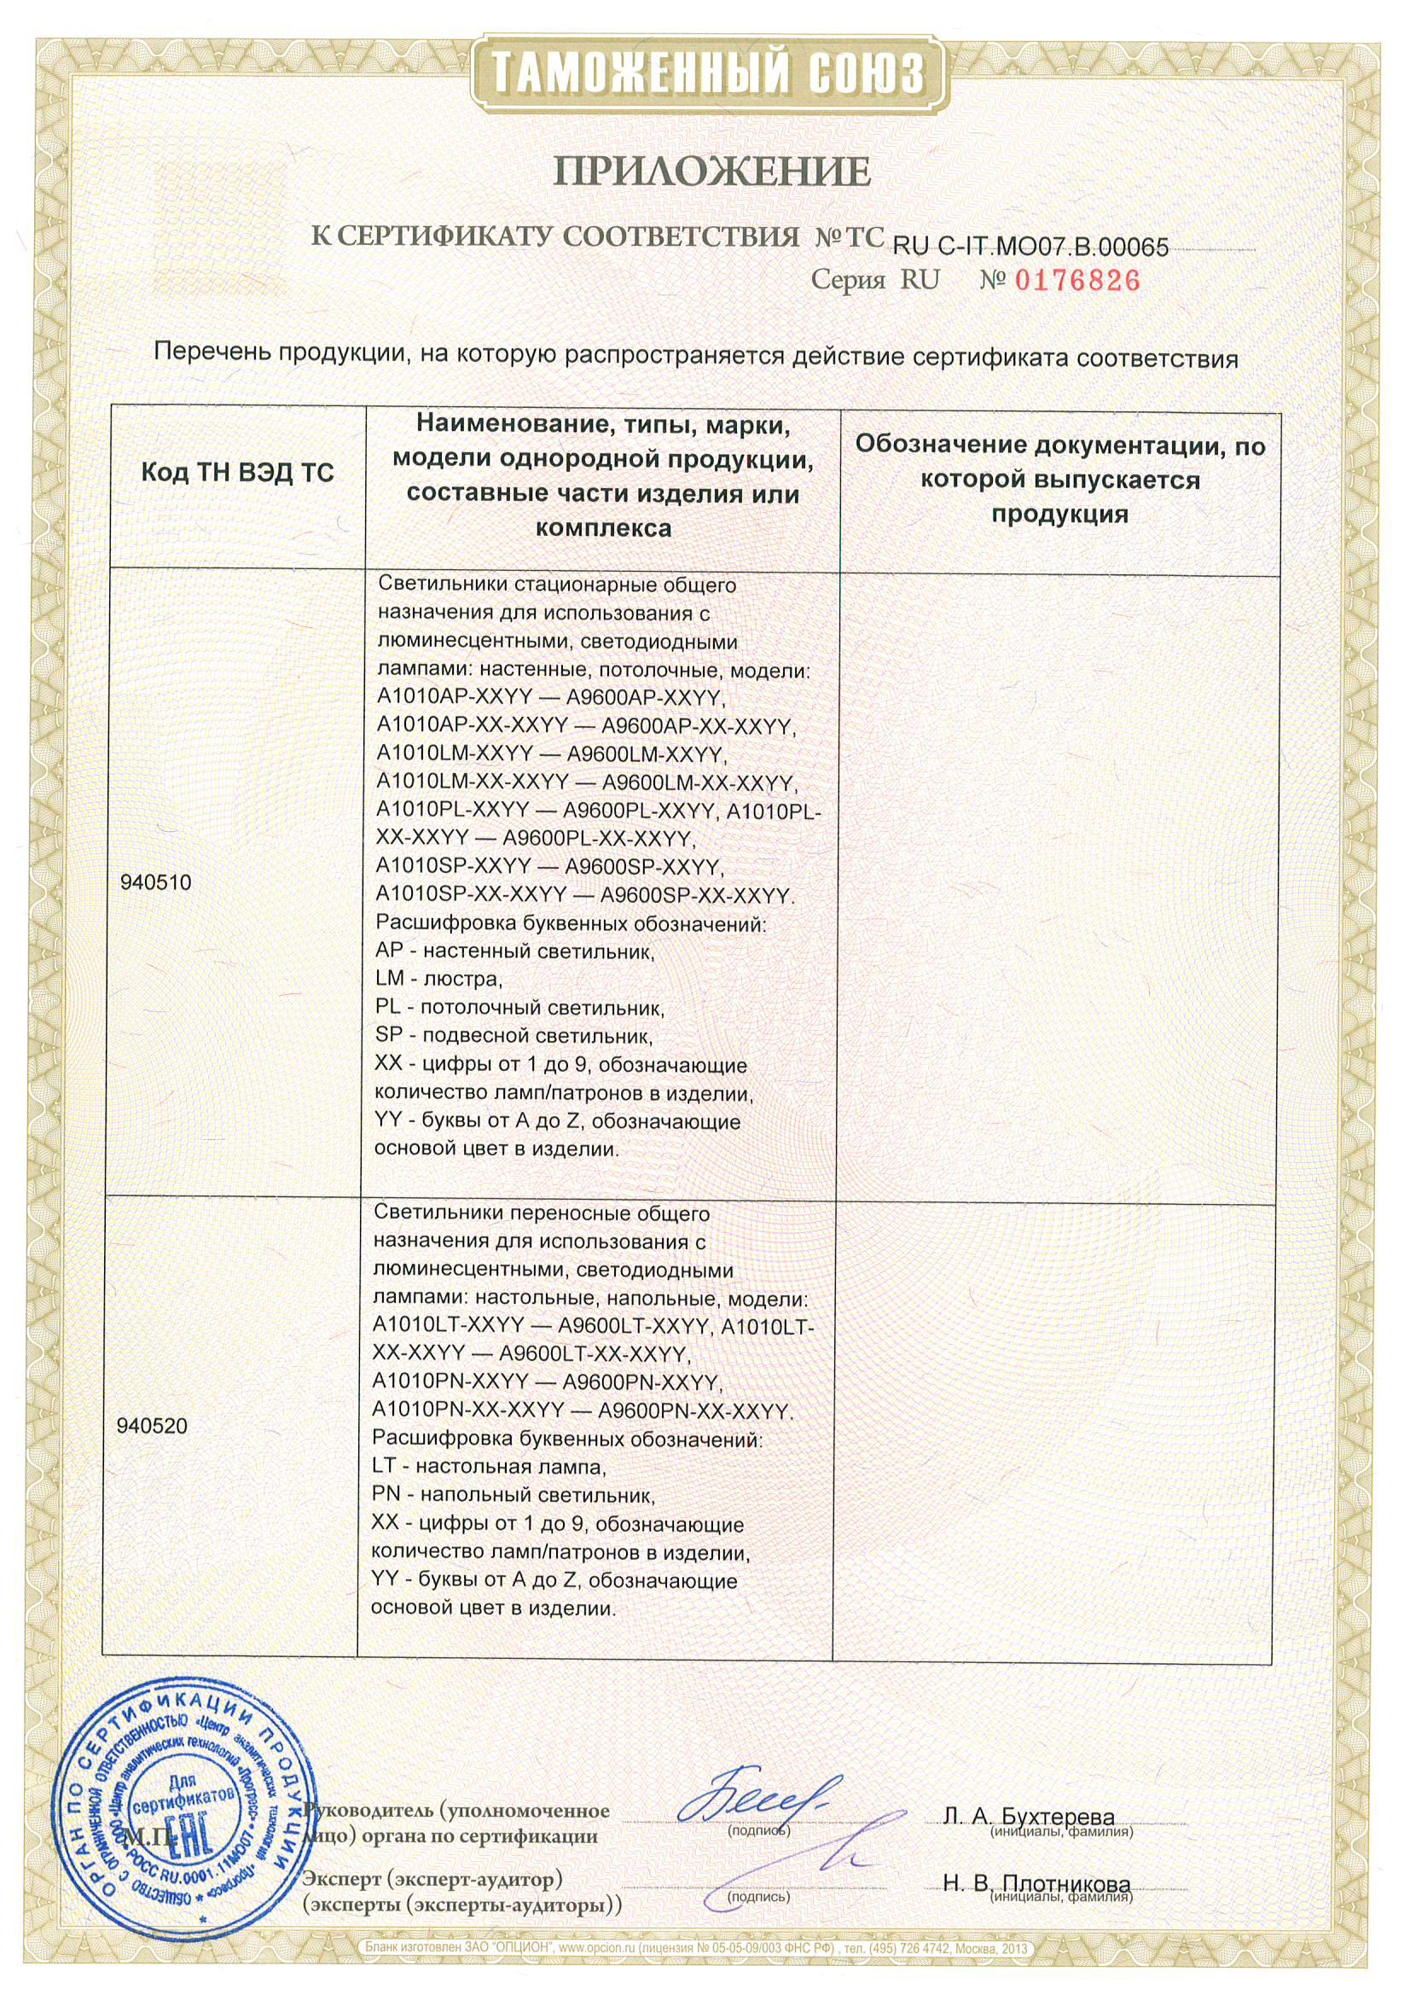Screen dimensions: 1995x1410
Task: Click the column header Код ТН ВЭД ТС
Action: [x=237, y=475]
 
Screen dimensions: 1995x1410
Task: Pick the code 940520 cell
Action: [x=152, y=1426]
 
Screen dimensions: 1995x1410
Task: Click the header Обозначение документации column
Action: [x=1060, y=479]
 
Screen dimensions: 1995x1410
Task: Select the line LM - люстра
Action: [x=438, y=980]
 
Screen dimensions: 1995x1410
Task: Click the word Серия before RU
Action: [x=848, y=281]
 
